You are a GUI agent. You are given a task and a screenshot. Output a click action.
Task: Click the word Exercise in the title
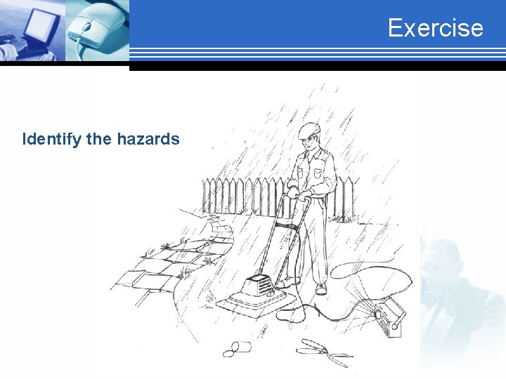pyautogui.click(x=435, y=28)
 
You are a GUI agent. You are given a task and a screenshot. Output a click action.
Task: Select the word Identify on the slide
pyautogui.click(x=52, y=139)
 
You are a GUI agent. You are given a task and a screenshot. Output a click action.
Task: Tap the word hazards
pyautogui.click(x=148, y=139)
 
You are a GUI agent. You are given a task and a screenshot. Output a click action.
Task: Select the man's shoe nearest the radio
pyautogui.click(x=321, y=288)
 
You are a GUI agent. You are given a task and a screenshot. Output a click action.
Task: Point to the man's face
pyautogui.click(x=310, y=142)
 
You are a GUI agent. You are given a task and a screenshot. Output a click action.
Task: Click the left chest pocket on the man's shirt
pyautogui.click(x=320, y=171)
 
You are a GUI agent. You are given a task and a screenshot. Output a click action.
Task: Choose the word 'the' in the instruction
pyautogui.click(x=99, y=139)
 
